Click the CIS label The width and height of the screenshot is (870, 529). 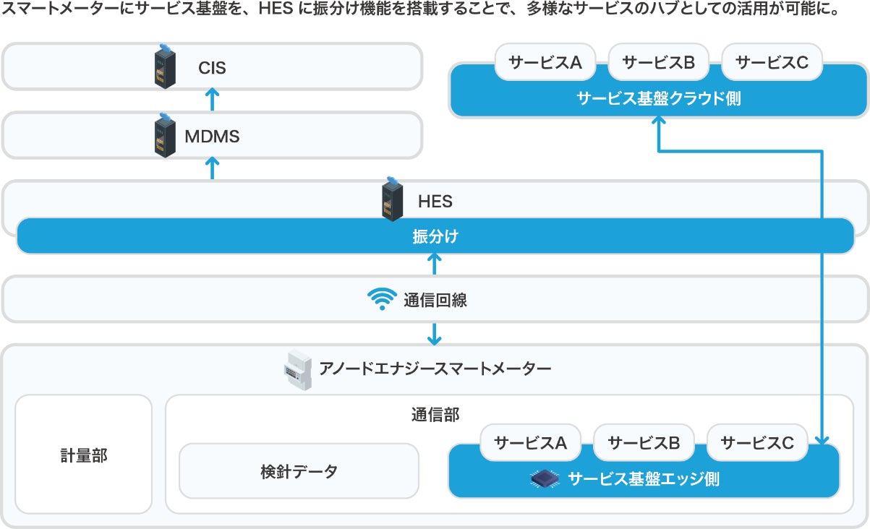(x=212, y=69)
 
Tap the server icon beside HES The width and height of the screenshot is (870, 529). (x=391, y=200)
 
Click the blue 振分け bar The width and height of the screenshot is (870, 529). (x=435, y=236)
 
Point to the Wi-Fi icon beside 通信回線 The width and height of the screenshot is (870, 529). (x=382, y=299)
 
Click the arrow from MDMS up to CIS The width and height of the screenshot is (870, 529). (x=212, y=99)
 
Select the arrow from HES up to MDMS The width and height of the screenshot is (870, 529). (x=212, y=168)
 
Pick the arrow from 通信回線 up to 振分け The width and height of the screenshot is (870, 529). (x=435, y=264)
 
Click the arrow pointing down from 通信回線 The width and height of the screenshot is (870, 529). (x=435, y=333)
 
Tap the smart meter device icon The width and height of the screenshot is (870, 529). (x=297, y=370)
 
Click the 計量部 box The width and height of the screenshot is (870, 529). (x=84, y=455)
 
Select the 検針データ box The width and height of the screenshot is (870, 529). (x=299, y=471)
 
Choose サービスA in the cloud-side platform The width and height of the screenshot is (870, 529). (x=545, y=62)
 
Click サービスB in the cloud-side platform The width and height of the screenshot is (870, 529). (x=658, y=62)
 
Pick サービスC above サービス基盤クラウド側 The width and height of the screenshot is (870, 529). (x=772, y=62)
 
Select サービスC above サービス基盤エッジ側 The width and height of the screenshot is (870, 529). (x=757, y=443)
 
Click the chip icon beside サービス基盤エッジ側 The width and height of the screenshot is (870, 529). (x=546, y=478)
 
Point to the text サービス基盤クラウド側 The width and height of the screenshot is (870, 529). (x=658, y=98)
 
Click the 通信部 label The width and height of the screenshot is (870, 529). (x=435, y=414)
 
